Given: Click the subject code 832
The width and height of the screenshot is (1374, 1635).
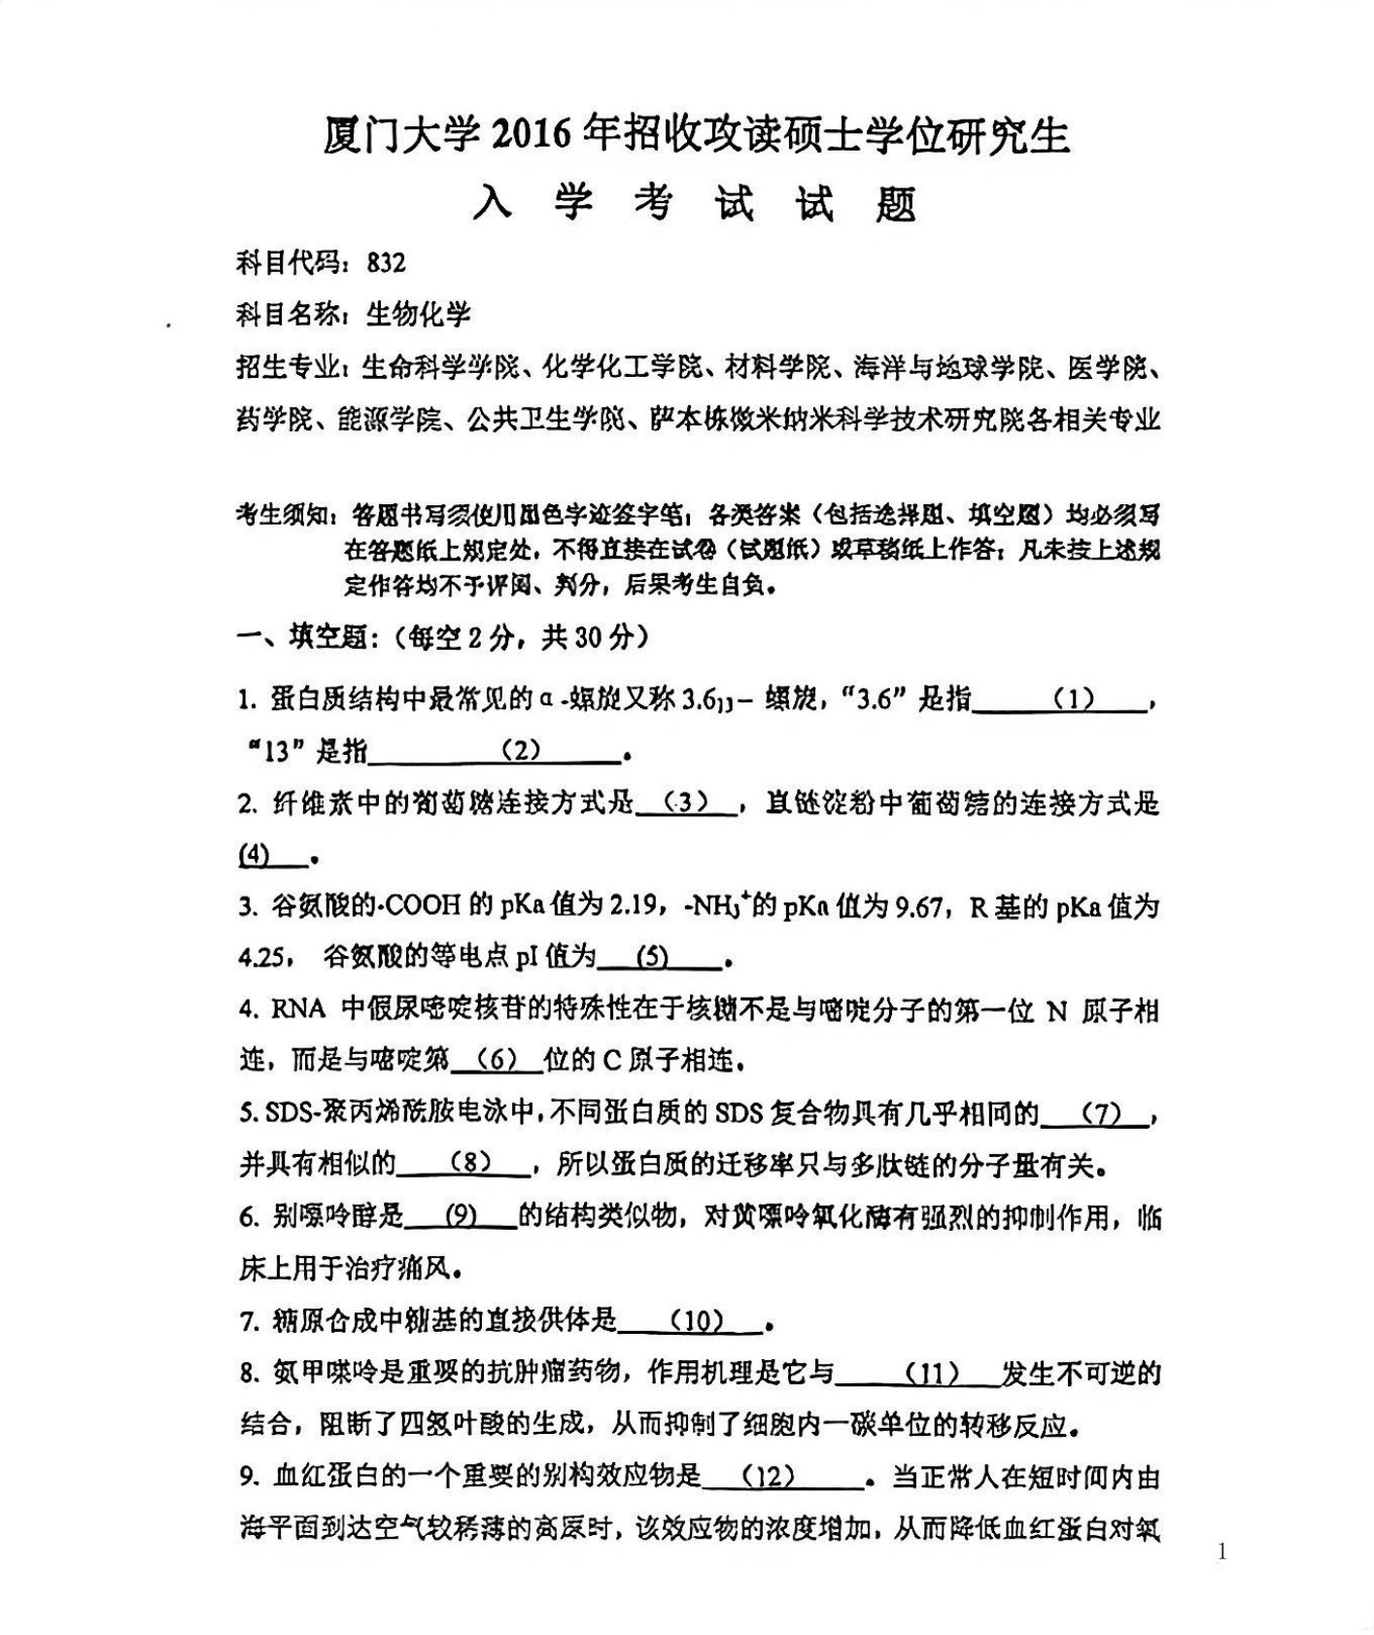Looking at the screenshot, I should (386, 263).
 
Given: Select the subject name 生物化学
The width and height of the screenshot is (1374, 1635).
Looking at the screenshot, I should (418, 315).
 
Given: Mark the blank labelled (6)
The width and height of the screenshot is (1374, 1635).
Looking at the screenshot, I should (497, 1060).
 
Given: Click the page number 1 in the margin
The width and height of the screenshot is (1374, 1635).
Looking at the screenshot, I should (1221, 1552).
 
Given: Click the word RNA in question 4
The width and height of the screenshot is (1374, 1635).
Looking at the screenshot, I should (297, 1009).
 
